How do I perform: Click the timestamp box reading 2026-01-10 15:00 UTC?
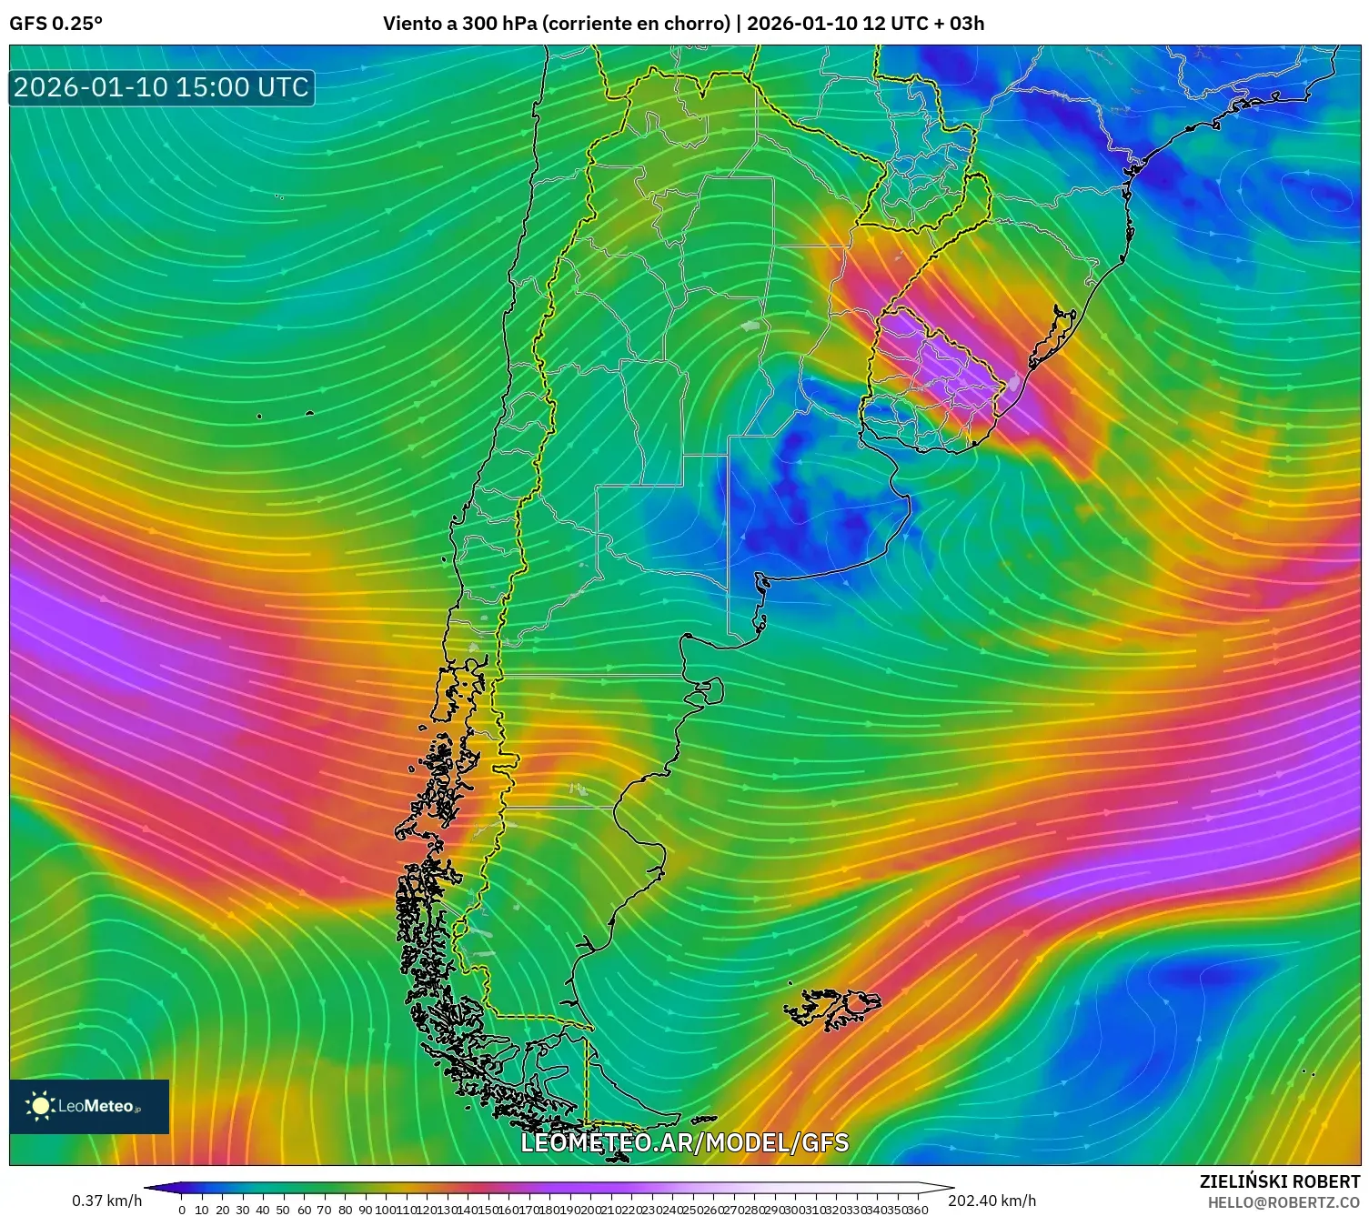point(162,87)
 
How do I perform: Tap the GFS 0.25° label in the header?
point(55,24)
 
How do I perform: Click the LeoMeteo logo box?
point(89,1106)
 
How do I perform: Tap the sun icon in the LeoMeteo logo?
point(40,1106)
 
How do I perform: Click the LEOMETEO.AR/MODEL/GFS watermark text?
point(684,1142)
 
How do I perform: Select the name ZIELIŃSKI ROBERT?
point(1279,1182)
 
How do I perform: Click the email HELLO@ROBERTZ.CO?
point(1283,1202)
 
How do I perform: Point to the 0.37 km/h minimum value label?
point(107,1201)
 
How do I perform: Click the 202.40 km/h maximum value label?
point(992,1201)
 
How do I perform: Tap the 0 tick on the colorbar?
point(182,1210)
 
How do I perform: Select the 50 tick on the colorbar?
point(283,1210)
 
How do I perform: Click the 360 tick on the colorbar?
point(918,1210)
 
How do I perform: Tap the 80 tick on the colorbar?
point(345,1210)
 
